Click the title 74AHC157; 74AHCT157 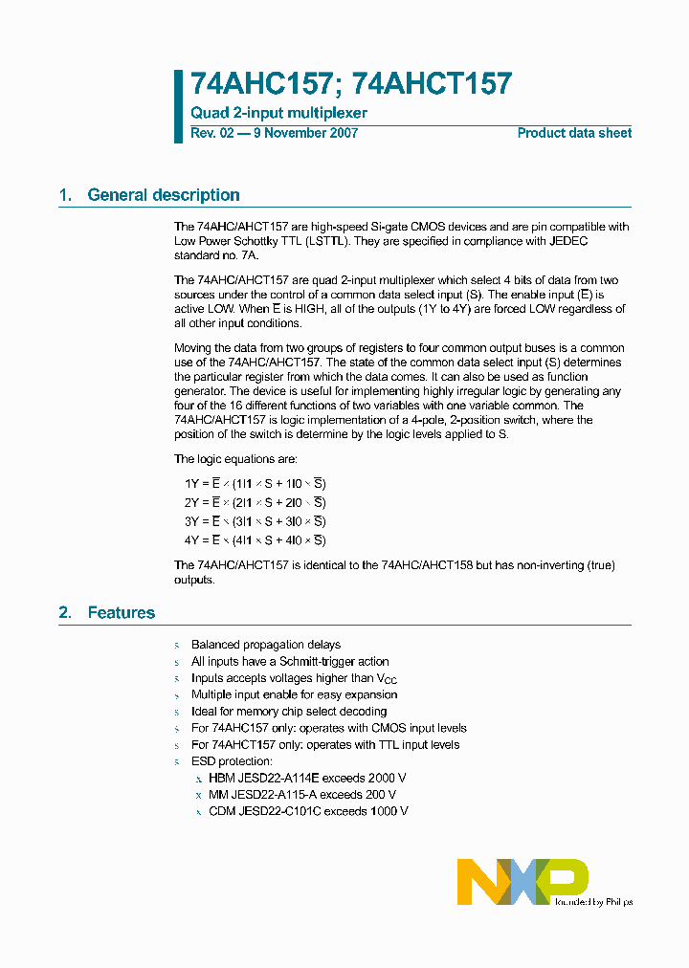(351, 84)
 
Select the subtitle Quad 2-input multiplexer (278, 113)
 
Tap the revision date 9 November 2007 (304, 133)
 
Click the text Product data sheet (574, 133)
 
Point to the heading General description (163, 195)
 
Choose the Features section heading (121, 612)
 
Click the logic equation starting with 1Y (255, 484)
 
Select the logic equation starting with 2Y (255, 502)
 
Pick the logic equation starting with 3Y (255, 521)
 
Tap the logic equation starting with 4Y (255, 539)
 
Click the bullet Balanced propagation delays (265, 645)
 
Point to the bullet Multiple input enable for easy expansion (294, 694)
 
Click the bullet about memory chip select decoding (288, 712)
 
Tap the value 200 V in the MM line (380, 794)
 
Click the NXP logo (522, 881)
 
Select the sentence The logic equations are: (235, 459)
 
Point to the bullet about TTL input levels (324, 744)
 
